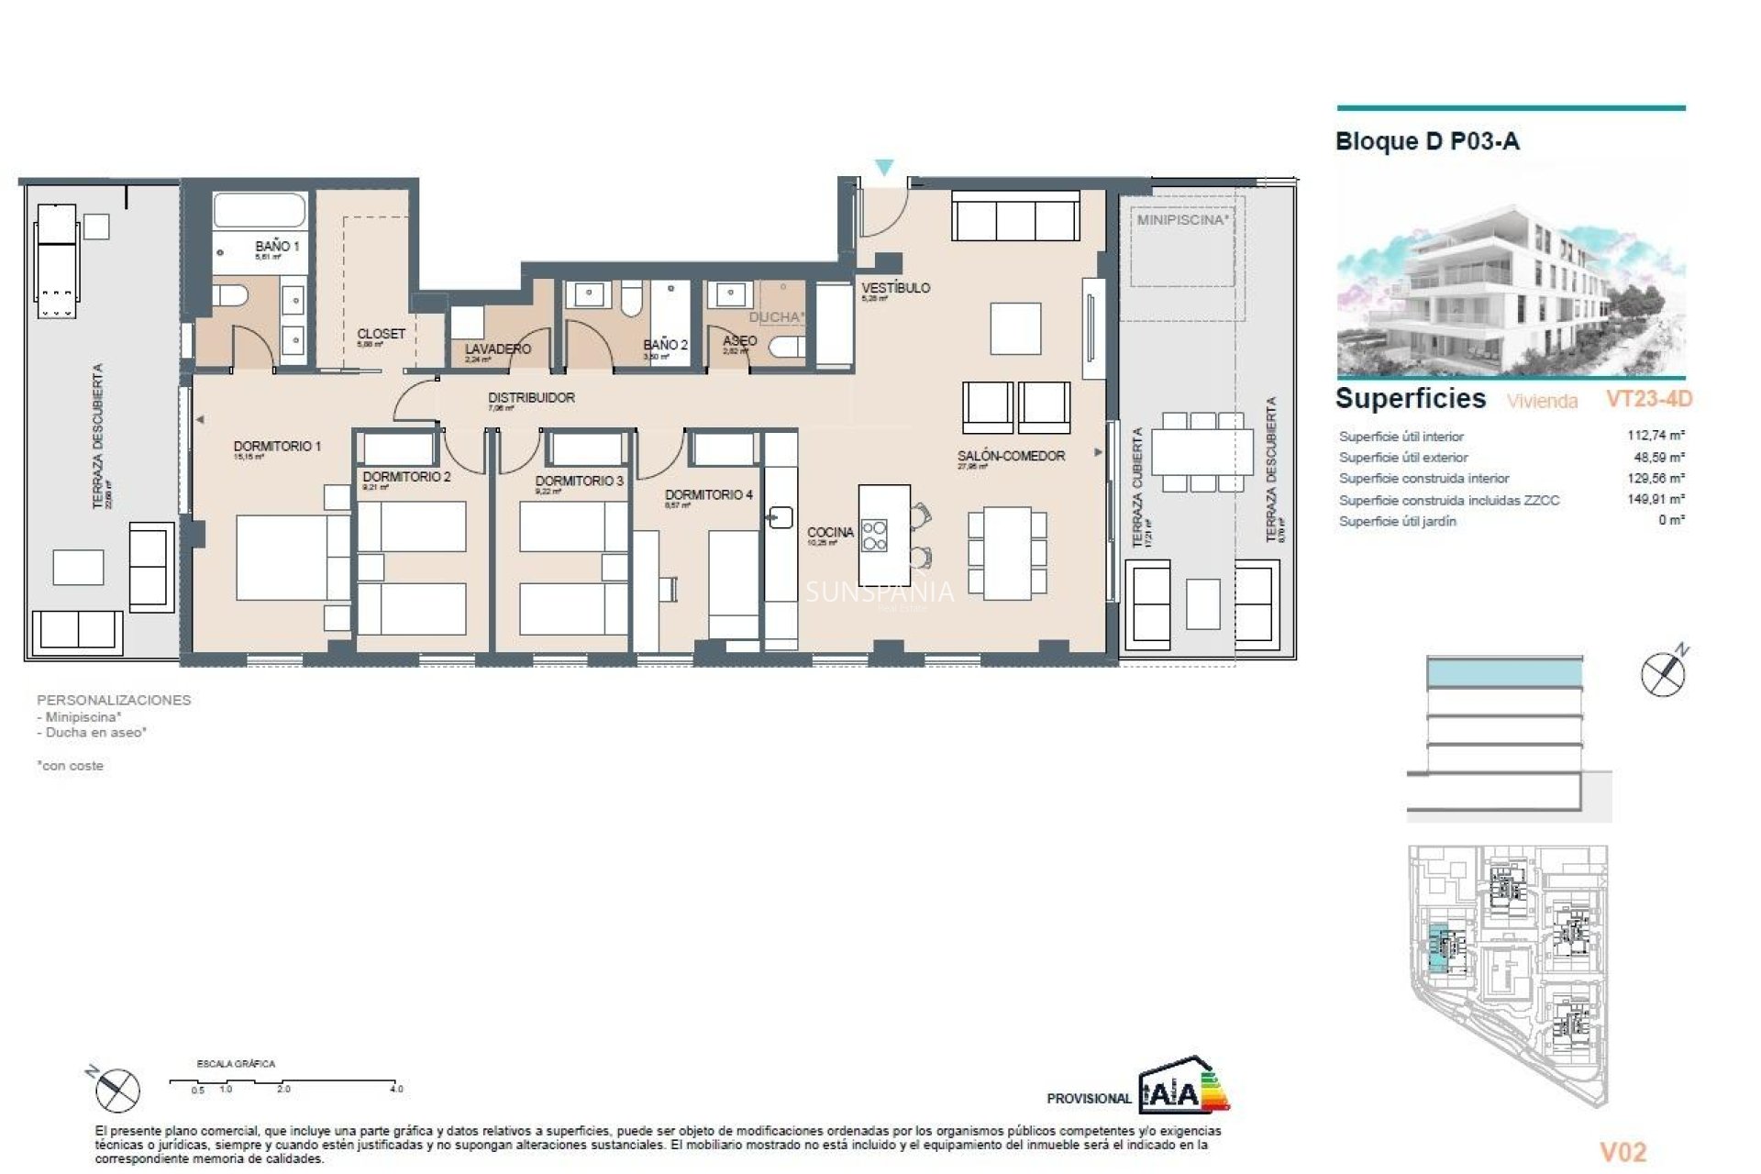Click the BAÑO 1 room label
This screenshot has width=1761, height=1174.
click(276, 246)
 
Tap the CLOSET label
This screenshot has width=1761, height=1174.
click(381, 334)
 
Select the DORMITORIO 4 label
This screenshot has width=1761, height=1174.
click(708, 494)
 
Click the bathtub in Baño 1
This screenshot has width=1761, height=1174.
click(260, 211)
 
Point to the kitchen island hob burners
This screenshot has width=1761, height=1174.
click(874, 536)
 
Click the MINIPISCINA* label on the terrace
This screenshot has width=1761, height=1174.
click(1182, 220)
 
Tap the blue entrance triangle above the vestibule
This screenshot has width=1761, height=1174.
click(883, 168)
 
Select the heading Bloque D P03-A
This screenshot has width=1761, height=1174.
click(1427, 141)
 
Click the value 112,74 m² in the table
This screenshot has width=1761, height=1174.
click(1655, 436)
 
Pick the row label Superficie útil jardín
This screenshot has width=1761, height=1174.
click(1397, 521)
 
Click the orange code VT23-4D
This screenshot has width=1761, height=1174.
click(1648, 399)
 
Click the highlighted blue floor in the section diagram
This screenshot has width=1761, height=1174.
click(1504, 674)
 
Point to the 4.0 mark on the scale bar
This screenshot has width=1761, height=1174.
click(395, 1089)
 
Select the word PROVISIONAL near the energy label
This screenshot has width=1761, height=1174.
click(1089, 1098)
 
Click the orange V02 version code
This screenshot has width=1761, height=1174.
click(1623, 1152)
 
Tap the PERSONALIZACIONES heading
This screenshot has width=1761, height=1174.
click(114, 700)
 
